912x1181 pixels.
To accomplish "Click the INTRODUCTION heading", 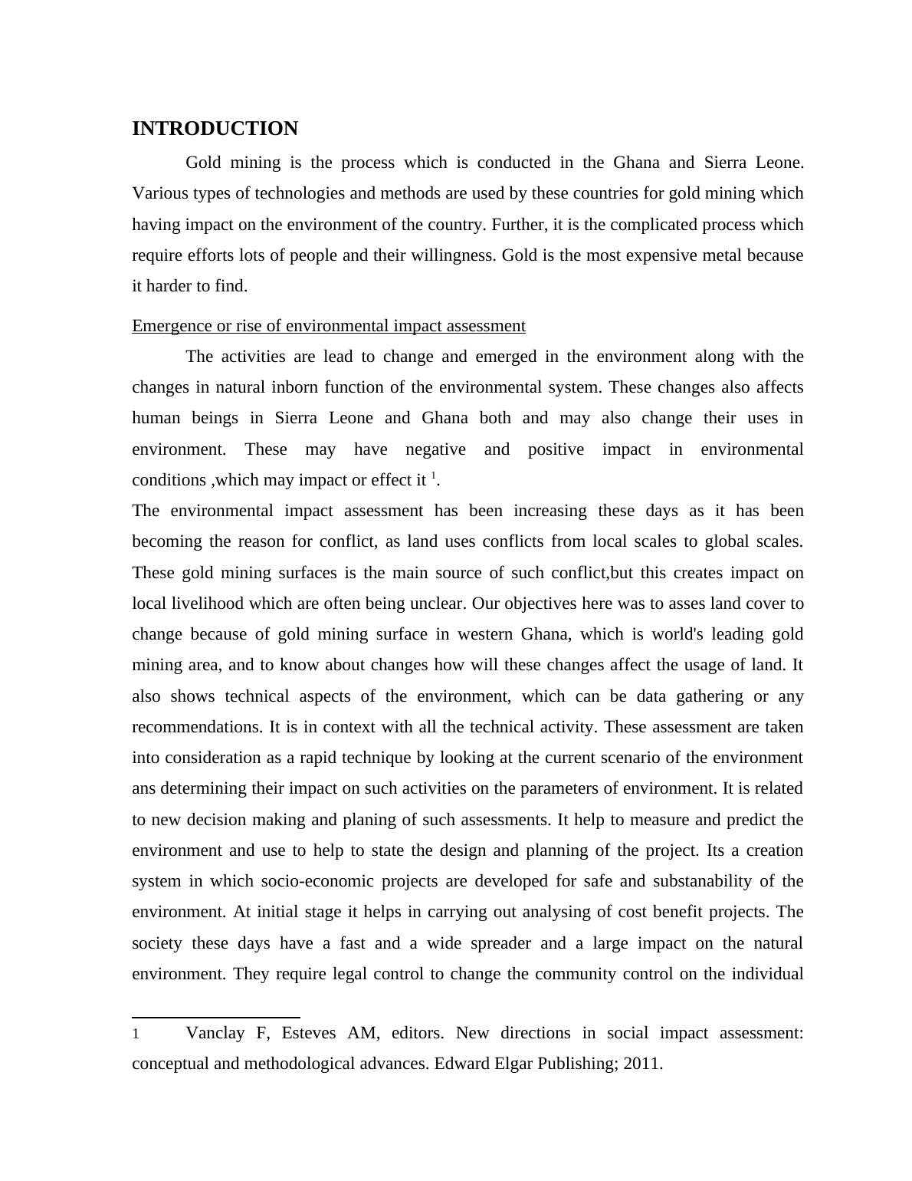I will point(215,129).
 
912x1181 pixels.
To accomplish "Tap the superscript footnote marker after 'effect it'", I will point(433,476).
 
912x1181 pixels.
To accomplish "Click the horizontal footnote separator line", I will point(216,1017).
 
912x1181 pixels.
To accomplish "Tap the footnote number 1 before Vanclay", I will point(136,1035).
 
